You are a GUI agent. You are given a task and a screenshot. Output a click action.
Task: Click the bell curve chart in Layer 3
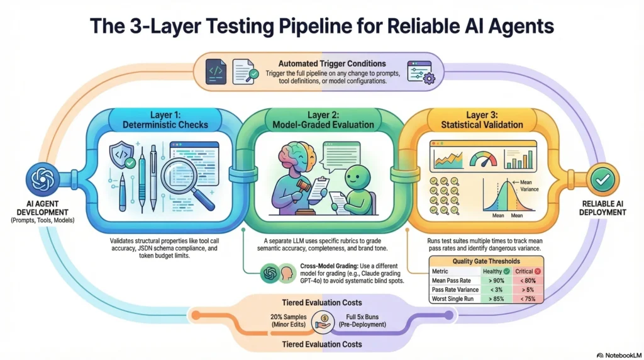[507, 199]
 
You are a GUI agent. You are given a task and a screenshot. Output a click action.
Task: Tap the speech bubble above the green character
[340, 154]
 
